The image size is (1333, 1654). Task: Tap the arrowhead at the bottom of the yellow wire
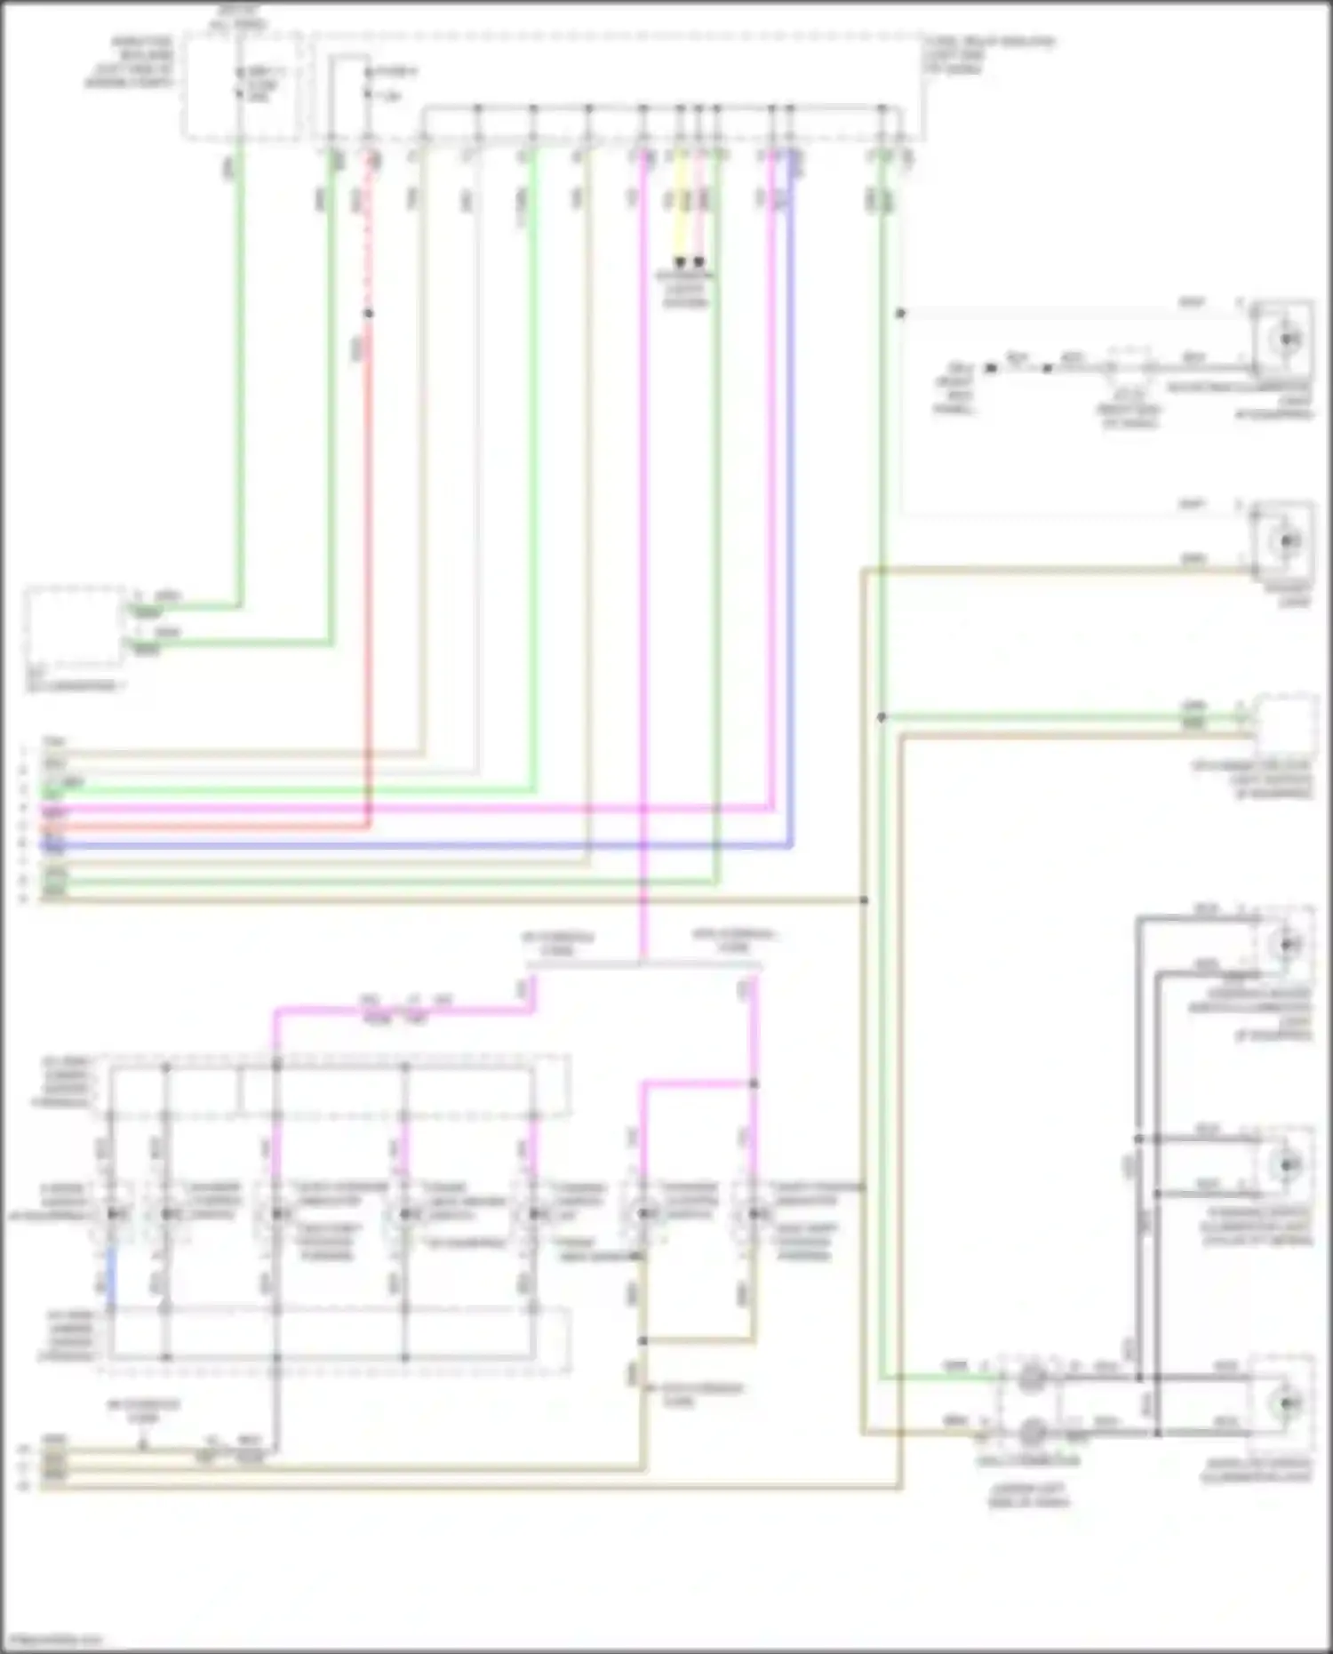point(680,262)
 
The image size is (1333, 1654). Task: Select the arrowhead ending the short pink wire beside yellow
point(699,262)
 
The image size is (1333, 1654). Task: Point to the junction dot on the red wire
point(369,313)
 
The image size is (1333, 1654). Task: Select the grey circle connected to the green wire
point(1031,1378)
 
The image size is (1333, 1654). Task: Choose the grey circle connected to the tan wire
point(1031,1432)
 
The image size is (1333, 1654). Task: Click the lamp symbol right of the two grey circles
point(1284,1403)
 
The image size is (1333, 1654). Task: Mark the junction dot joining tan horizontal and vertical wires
point(863,900)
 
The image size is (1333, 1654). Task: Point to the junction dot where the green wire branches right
point(882,717)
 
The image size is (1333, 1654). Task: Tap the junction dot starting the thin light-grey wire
point(900,313)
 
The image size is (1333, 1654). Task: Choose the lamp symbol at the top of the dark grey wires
point(1286,944)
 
